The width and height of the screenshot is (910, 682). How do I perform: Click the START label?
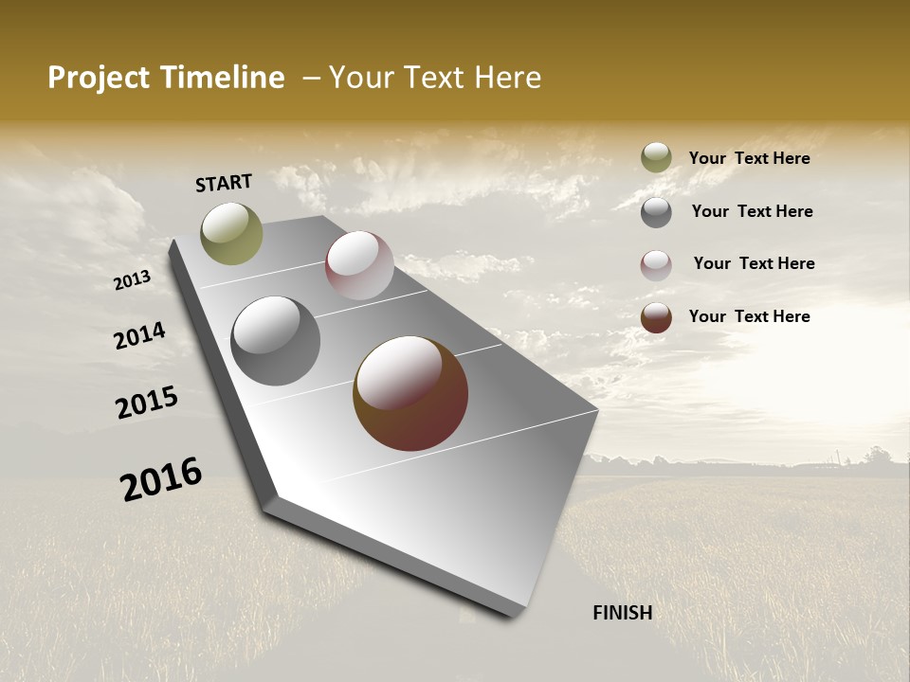224,182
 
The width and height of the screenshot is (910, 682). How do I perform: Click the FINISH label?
622,613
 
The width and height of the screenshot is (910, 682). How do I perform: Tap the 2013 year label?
132,279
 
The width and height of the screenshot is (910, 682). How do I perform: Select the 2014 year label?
139,336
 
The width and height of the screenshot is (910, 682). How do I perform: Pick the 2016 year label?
161,479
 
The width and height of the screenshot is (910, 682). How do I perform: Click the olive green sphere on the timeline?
231,233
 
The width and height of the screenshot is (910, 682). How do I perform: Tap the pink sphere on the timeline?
359,265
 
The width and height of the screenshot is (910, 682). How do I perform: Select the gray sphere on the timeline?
276,341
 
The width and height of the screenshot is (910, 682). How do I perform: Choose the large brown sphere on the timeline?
410,393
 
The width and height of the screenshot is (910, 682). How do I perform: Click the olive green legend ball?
656,158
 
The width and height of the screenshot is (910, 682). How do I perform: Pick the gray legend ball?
656,212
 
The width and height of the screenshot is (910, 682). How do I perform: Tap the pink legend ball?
656,265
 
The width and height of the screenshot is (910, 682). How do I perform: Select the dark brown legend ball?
656,317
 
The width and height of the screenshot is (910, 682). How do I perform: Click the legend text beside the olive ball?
749,158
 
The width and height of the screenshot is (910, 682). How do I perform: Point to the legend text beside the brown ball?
749,316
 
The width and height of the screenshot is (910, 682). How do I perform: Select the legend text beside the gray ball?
752,211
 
